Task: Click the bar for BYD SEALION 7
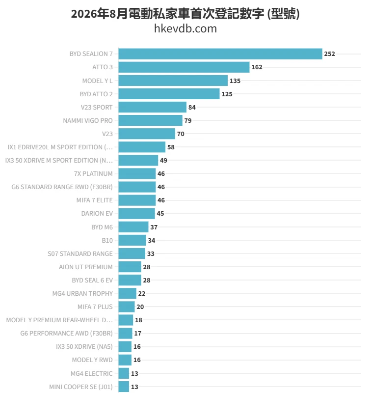click(220, 54)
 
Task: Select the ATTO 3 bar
click(184, 67)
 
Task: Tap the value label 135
click(235, 81)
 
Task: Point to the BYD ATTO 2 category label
click(96, 94)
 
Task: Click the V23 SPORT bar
click(153, 107)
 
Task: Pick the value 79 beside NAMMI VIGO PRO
click(188, 120)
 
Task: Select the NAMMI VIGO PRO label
click(88, 120)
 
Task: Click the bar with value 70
click(147, 134)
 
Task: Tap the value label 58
click(171, 147)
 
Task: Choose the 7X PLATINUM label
click(93, 174)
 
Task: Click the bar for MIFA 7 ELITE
click(137, 200)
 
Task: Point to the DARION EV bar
click(137, 214)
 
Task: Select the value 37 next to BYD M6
click(154, 227)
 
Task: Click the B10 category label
click(107, 240)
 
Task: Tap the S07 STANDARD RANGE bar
click(132, 253)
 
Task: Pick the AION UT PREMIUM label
click(86, 267)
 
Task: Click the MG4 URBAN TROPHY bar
click(128, 293)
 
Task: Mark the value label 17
click(138, 334)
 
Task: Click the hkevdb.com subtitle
click(185, 28)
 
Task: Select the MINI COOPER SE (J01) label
click(81, 387)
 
